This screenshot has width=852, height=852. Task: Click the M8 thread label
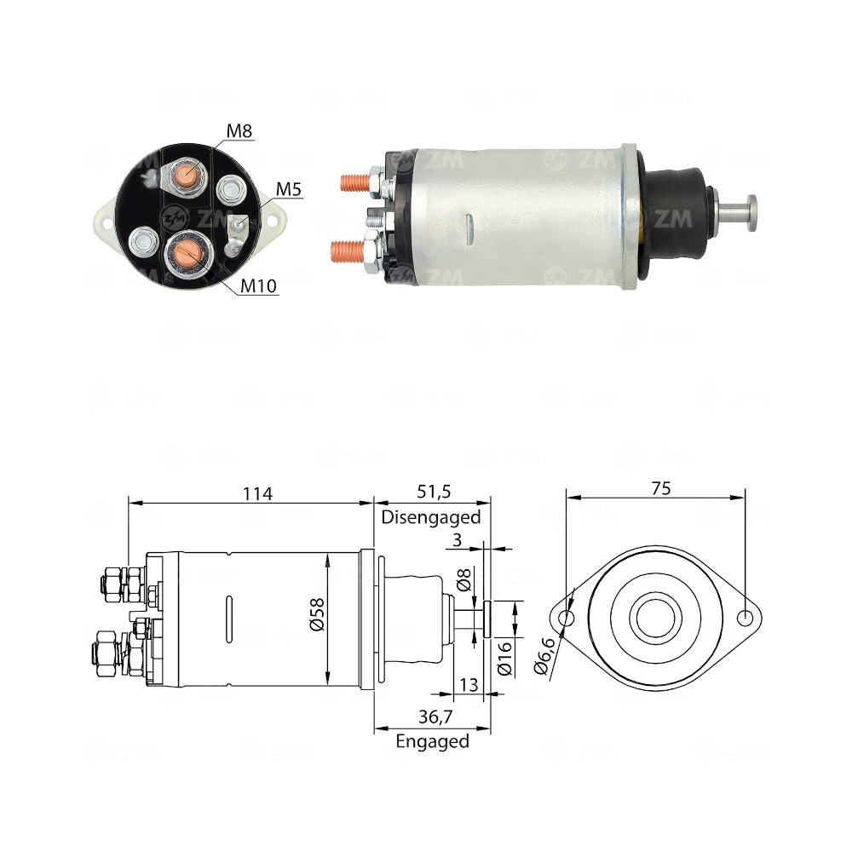239,130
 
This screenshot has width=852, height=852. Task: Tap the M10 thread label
257,285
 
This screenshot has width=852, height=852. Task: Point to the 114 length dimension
256,493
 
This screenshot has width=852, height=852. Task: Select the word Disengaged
431,516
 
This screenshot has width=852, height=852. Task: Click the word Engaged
432,741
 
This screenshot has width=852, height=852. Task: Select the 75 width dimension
660,488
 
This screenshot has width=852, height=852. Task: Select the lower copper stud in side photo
347,250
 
